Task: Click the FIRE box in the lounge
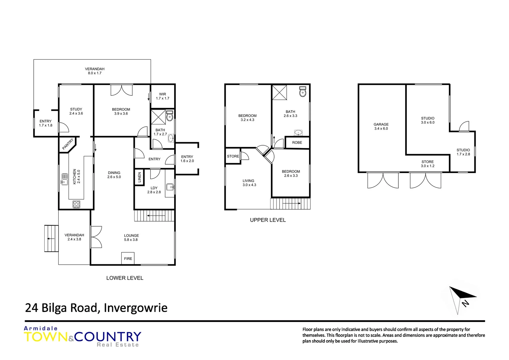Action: pyautogui.click(x=128, y=258)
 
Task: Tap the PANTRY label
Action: pyautogui.click(x=68, y=144)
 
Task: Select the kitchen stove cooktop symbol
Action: pyautogui.click(x=76, y=204)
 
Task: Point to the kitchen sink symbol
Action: pyautogui.click(x=65, y=179)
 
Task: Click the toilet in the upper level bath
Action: pyautogui.click(x=302, y=92)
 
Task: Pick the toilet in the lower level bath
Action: pyautogui.click(x=170, y=116)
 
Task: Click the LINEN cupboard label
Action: pyautogui.click(x=139, y=177)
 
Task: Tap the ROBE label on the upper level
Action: pyautogui.click(x=297, y=143)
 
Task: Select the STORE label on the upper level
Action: pyautogui.click(x=233, y=156)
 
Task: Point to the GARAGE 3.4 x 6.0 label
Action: pyautogui.click(x=381, y=126)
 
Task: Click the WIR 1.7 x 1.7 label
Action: pyautogui.click(x=163, y=96)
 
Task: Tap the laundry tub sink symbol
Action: pyautogui.click(x=170, y=187)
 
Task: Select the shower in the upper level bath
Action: pyautogui.click(x=279, y=92)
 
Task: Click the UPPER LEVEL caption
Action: pyautogui.click(x=268, y=220)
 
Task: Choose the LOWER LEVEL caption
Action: pyautogui.click(x=125, y=278)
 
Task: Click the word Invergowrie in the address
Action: pyautogui.click(x=136, y=308)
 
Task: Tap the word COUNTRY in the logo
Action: pyautogui.click(x=108, y=337)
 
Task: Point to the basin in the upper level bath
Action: pyautogui.click(x=298, y=133)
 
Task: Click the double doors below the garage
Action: pyautogui.click(x=383, y=180)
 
